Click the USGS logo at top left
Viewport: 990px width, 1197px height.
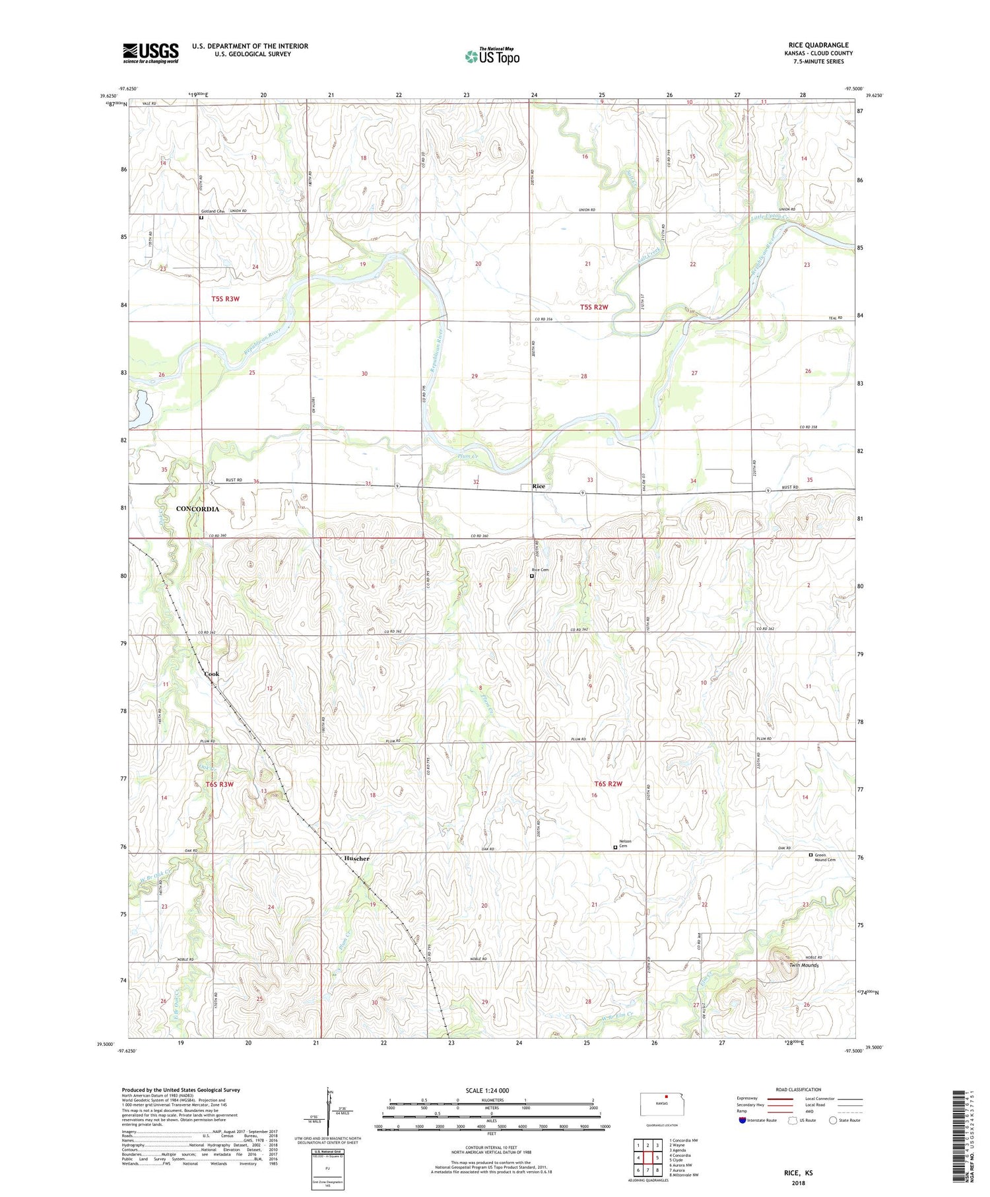[x=150, y=53]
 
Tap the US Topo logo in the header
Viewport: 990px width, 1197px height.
[x=492, y=57]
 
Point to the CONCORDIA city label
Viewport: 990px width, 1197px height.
[x=198, y=509]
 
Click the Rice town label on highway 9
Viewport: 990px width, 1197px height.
[x=539, y=486]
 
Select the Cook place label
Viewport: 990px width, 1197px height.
[x=212, y=674]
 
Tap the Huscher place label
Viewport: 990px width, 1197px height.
[x=356, y=858]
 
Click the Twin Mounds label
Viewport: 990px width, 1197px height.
[x=803, y=965]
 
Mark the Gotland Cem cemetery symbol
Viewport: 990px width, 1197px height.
[x=201, y=217]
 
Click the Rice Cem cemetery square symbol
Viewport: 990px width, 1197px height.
[x=532, y=576]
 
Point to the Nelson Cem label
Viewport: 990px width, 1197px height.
[x=625, y=843]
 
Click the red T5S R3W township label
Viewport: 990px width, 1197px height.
[x=225, y=299]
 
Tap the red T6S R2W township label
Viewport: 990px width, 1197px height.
[x=608, y=784]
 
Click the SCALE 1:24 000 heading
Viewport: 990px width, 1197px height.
[x=488, y=1090]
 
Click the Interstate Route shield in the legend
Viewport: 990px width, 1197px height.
[x=742, y=1120]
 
